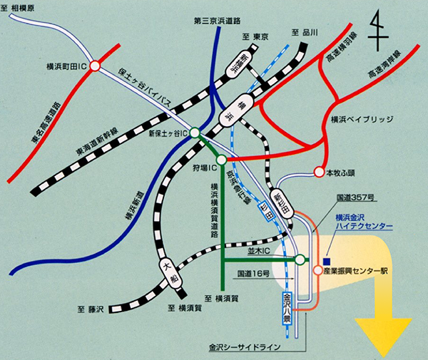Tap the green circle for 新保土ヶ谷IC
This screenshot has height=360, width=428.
pyautogui.click(x=195, y=133)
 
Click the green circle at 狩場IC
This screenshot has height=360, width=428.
pyautogui.click(x=221, y=160)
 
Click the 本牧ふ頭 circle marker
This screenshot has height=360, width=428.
pyautogui.click(x=318, y=172)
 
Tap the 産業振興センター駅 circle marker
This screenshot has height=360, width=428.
pyautogui.click(x=317, y=270)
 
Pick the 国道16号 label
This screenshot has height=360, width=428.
pyautogui.click(x=255, y=274)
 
